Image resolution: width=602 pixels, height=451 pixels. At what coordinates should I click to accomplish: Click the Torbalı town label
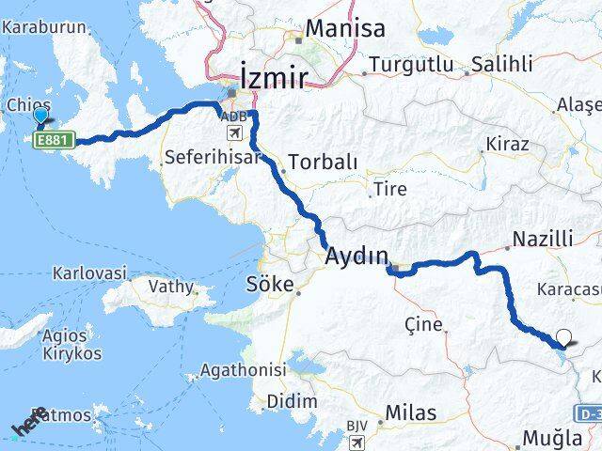click(323, 161)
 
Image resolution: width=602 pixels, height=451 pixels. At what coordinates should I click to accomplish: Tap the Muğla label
click(556, 437)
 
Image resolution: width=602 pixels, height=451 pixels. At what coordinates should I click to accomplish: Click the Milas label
click(410, 413)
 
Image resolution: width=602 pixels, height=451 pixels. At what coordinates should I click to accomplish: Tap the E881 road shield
click(52, 140)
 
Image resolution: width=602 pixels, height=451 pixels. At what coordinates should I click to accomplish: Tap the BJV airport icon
click(357, 442)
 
